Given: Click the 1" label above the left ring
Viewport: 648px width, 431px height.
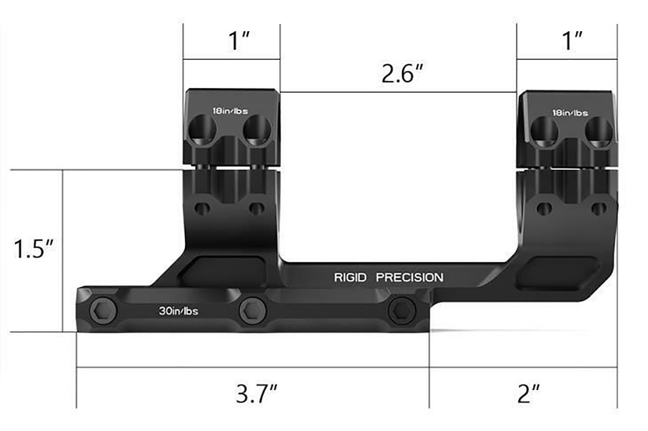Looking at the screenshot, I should click(237, 41).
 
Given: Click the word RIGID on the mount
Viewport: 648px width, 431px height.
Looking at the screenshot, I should click(350, 278).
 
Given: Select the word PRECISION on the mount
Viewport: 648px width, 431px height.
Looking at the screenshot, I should click(409, 278).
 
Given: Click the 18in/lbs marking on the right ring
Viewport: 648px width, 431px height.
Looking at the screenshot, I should click(570, 113).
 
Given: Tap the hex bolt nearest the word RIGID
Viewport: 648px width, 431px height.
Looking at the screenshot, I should click(401, 310).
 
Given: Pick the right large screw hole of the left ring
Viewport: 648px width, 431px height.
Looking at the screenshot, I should click(256, 130).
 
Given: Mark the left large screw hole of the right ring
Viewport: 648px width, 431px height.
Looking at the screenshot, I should click(544, 131).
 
